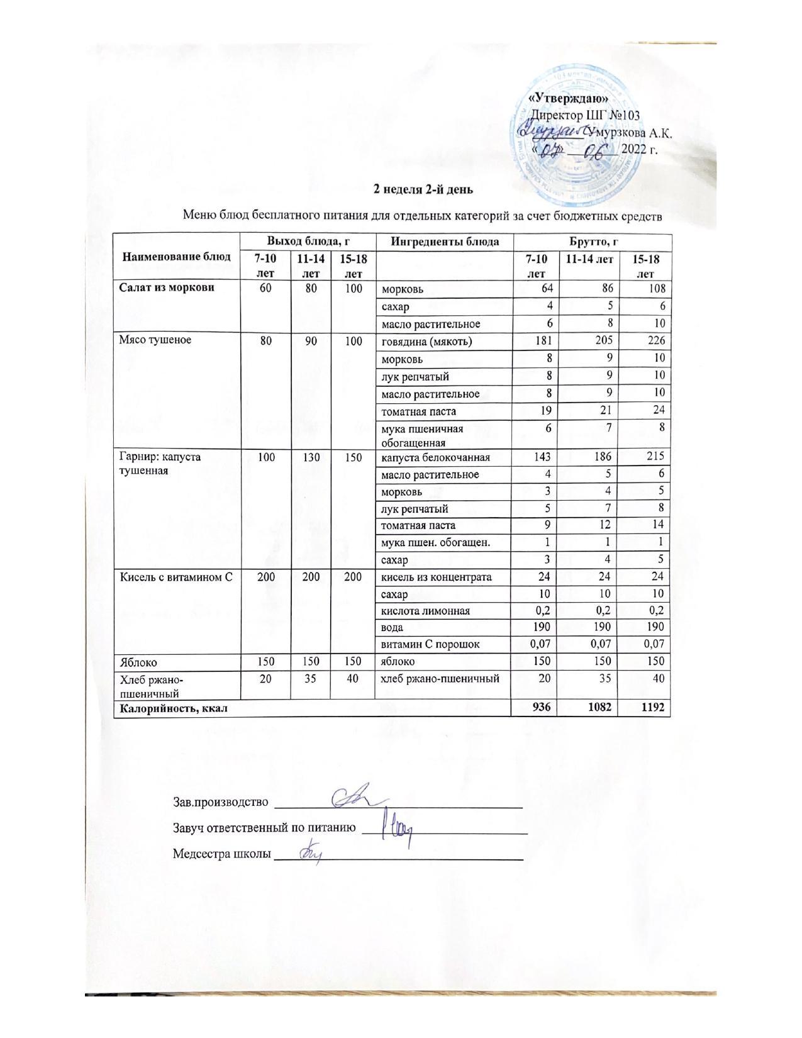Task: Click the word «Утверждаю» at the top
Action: coord(569,99)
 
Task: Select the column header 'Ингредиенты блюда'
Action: coord(445,242)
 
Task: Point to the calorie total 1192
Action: coord(652,708)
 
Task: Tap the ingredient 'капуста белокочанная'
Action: coord(436,457)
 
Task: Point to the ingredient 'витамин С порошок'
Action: coord(431,645)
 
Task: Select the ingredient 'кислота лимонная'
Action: coord(426,611)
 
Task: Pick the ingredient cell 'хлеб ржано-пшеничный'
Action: coord(441,679)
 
